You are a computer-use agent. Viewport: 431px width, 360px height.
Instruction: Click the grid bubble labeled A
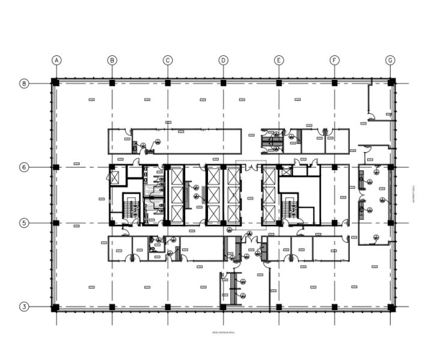[57, 60]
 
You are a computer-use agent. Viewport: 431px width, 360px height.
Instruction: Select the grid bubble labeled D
[223, 60]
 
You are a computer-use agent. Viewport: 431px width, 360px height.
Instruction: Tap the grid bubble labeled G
[391, 60]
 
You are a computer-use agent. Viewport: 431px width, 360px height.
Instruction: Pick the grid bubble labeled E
[279, 60]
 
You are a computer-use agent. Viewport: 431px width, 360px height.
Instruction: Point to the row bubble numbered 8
[25, 83]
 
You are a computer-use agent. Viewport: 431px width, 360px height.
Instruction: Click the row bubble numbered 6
[25, 167]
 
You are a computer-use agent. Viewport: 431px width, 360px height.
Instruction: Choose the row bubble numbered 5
[25, 223]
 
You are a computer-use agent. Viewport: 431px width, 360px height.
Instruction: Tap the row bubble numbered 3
[25, 307]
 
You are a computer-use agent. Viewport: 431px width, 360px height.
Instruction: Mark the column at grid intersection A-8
[55, 82]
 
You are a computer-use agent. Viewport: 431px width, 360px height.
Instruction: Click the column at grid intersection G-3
[391, 307]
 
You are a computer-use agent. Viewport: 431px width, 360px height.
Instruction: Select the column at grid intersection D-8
[223, 83]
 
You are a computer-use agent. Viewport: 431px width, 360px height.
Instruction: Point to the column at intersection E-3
[279, 307]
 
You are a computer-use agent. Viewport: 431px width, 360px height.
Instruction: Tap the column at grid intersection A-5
[56, 223]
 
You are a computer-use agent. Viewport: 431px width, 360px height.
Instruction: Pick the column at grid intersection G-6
[391, 167]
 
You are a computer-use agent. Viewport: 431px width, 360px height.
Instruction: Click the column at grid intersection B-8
[112, 83]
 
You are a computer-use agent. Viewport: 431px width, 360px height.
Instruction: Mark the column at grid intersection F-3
[335, 307]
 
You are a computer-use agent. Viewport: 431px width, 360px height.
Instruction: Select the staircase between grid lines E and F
[290, 206]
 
